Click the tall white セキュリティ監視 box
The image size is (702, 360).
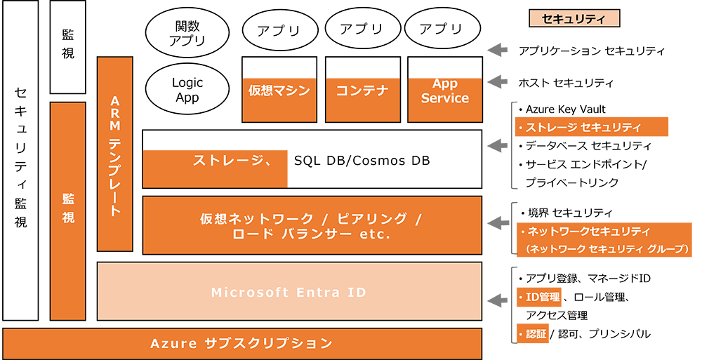point(20,161)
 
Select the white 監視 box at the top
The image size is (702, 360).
point(68,48)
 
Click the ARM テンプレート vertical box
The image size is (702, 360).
point(115,154)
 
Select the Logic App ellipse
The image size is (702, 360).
point(186,90)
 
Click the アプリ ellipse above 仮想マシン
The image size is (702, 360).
point(278,30)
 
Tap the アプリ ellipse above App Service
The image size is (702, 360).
point(441,29)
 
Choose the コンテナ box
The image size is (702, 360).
point(362,91)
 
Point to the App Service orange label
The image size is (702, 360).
point(444,92)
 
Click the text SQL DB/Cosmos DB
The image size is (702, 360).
point(362,161)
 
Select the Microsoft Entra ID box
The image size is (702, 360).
point(289,292)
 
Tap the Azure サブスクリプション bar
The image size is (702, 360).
point(241,343)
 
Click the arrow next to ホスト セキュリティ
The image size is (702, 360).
point(498,81)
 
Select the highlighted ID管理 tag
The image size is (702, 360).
point(539,297)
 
